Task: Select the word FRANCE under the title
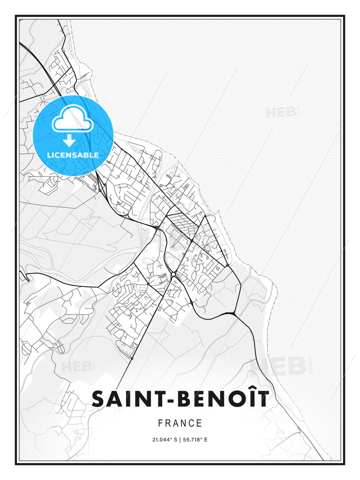point(180,423)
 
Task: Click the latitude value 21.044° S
point(164,440)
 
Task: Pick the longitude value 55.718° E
point(195,440)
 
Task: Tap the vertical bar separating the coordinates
point(180,440)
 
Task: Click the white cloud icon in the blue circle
point(73,119)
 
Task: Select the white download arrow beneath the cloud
point(69,140)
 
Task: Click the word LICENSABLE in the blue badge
point(73,155)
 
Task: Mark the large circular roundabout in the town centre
point(173,274)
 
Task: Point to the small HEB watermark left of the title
point(76,367)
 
